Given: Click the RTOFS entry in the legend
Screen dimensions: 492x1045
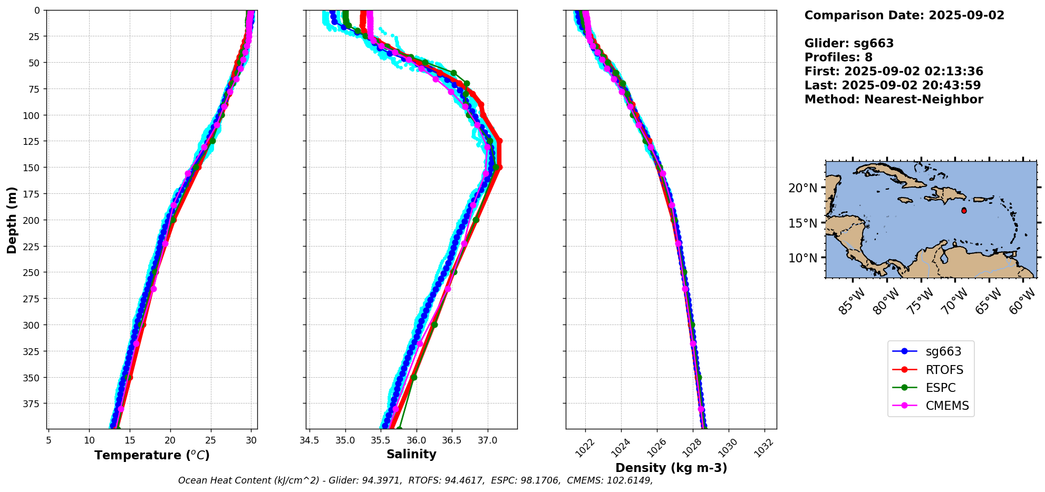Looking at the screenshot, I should coord(944,370).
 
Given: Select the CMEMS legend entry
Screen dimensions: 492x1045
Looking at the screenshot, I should coord(947,406).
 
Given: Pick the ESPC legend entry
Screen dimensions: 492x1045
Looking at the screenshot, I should coord(940,388).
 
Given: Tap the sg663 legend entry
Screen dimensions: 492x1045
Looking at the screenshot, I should coord(943,351).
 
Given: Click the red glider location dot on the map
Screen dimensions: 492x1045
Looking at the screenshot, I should coord(964,211).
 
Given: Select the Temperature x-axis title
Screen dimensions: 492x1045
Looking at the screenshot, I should coord(152,455).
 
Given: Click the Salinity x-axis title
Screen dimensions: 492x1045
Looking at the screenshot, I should coord(411,454).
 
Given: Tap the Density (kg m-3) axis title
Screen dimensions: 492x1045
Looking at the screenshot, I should coord(671,468).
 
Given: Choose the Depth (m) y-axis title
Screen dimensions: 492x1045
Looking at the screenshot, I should coord(12,220).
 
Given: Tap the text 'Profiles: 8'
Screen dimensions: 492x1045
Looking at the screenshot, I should coord(838,57).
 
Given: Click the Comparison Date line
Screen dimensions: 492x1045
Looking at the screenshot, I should coord(904,15).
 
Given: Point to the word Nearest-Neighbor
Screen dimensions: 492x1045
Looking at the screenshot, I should coord(923,100).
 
